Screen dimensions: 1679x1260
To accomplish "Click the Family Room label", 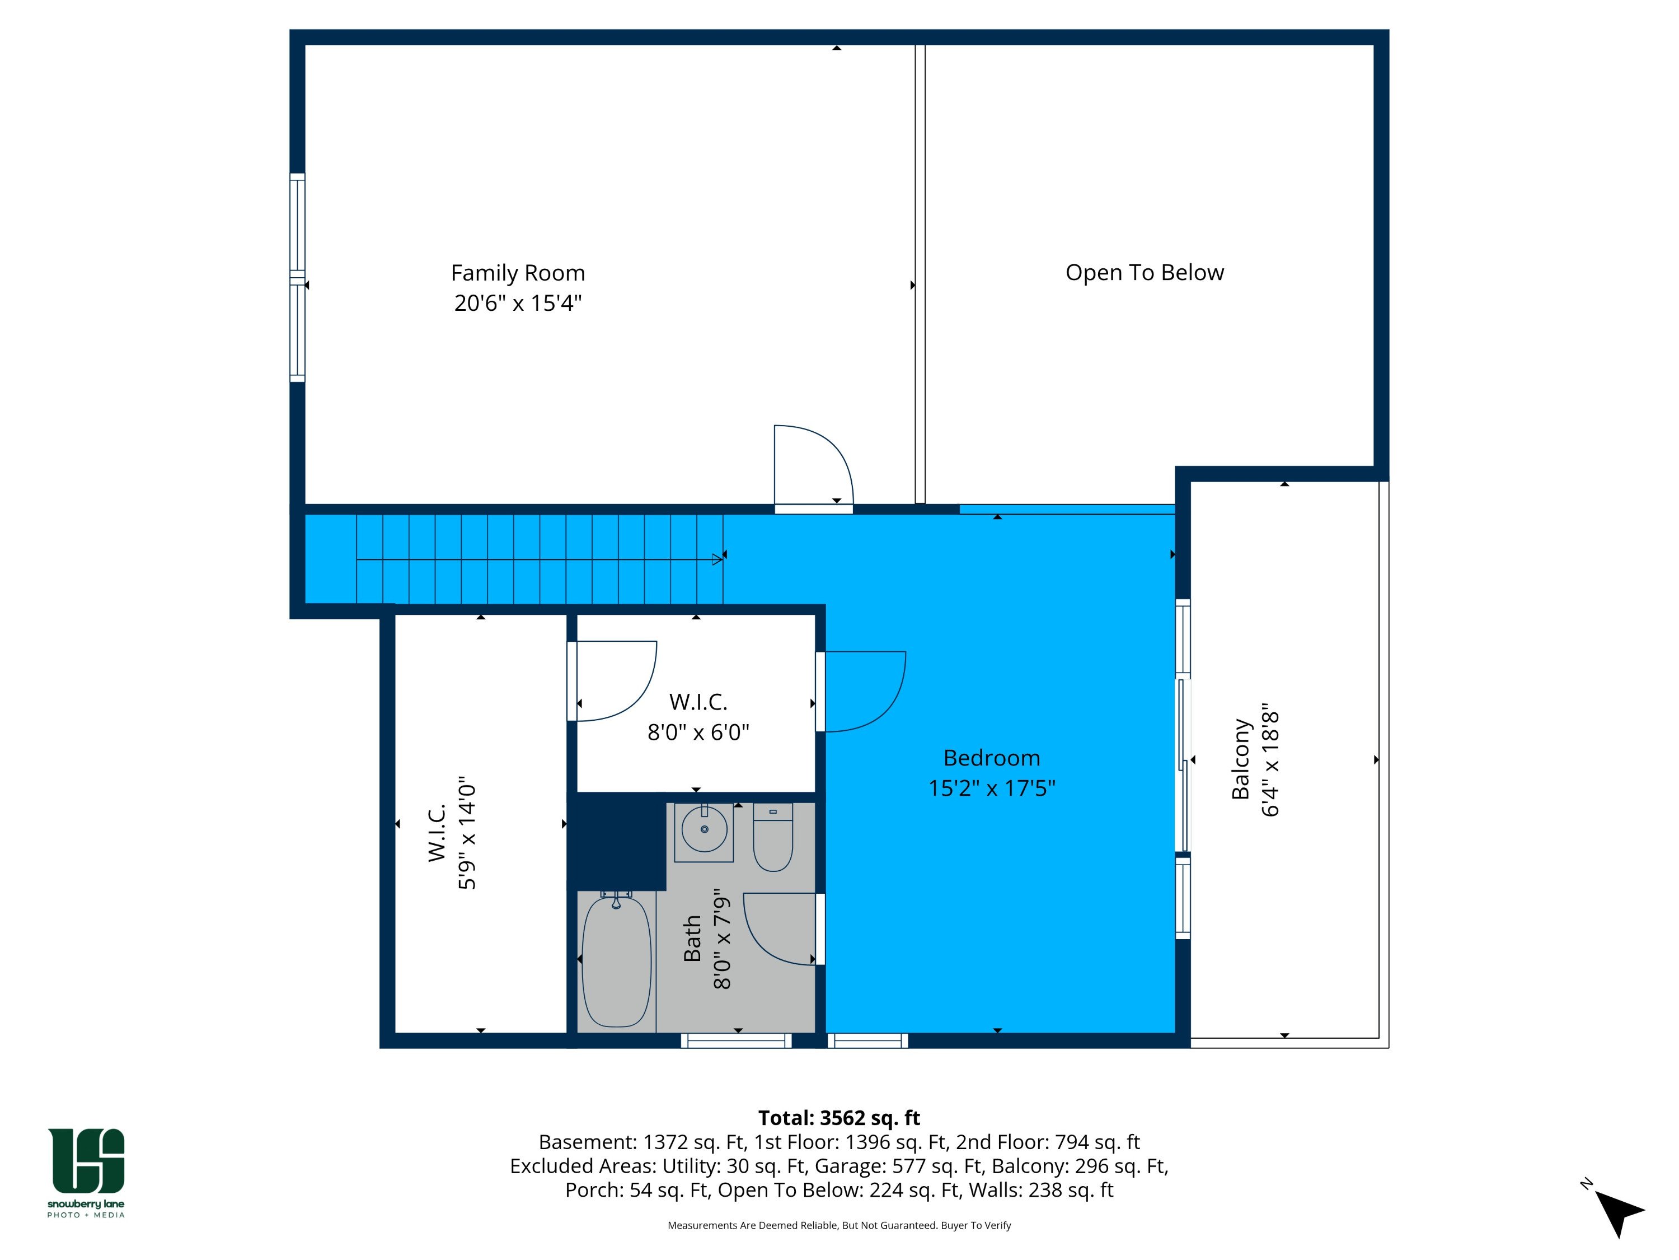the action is [x=518, y=273].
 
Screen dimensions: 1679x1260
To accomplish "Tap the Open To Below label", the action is [x=1145, y=273].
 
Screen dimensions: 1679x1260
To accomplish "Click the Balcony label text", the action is [x=1240, y=759].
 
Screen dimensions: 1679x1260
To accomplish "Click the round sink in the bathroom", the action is [x=705, y=829].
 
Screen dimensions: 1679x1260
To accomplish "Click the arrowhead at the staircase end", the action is [x=716, y=560].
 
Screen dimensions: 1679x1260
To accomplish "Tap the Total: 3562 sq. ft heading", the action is [x=839, y=1118].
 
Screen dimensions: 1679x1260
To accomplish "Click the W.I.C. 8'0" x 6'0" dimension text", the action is [x=698, y=732].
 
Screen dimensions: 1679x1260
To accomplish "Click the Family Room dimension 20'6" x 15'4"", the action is [x=518, y=303].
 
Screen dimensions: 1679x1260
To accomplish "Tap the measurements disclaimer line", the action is [x=839, y=1225].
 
